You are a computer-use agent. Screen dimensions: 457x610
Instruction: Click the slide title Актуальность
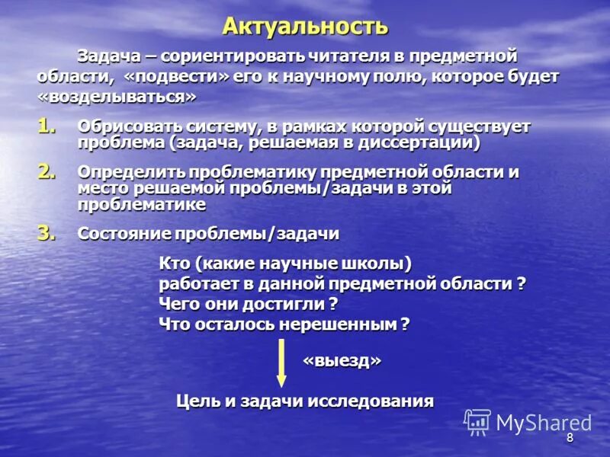pos(305,27)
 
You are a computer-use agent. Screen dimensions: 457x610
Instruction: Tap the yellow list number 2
pos(47,172)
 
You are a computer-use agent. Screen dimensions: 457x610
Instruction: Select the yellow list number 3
pos(47,233)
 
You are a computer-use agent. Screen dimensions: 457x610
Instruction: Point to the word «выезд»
pos(342,360)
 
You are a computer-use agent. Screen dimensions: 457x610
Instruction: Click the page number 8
pos(570,438)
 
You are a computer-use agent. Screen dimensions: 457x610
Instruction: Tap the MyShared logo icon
pos(477,421)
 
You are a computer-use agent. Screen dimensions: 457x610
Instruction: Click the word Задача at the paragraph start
pos(107,56)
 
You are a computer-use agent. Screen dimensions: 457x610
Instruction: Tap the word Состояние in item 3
pos(124,233)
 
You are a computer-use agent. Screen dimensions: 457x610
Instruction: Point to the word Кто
pos(173,264)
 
